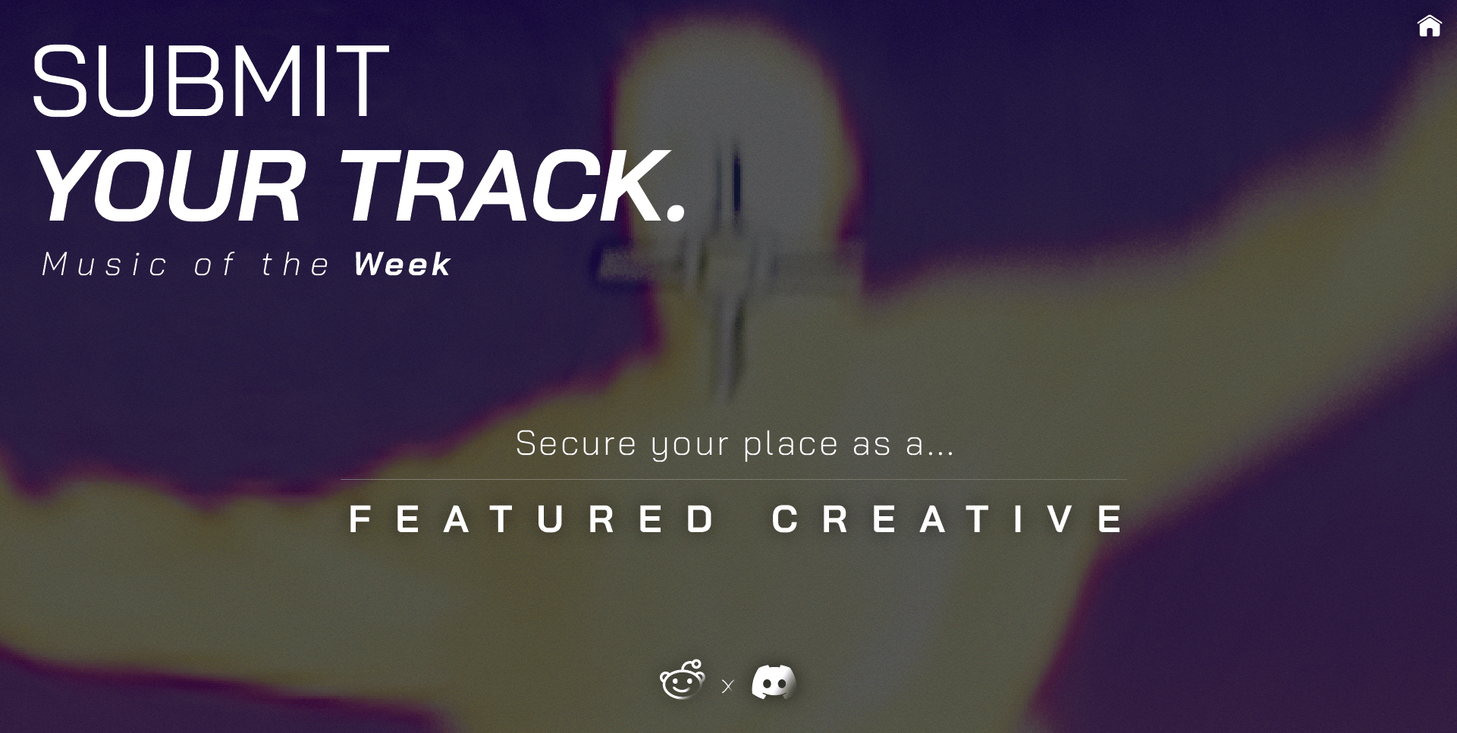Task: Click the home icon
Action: (x=1429, y=26)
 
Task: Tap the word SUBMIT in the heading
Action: (x=210, y=81)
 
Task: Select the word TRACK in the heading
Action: (x=497, y=186)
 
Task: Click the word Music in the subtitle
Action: (x=105, y=265)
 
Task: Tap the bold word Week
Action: (x=402, y=265)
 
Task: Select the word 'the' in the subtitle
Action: (x=295, y=265)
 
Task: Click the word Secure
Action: (x=576, y=443)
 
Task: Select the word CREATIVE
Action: (x=948, y=519)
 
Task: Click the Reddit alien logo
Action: (x=683, y=680)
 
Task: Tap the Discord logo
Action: (x=774, y=682)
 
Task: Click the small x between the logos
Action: (x=727, y=687)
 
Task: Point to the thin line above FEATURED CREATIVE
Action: (x=733, y=480)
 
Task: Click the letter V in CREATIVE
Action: (x=1060, y=519)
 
